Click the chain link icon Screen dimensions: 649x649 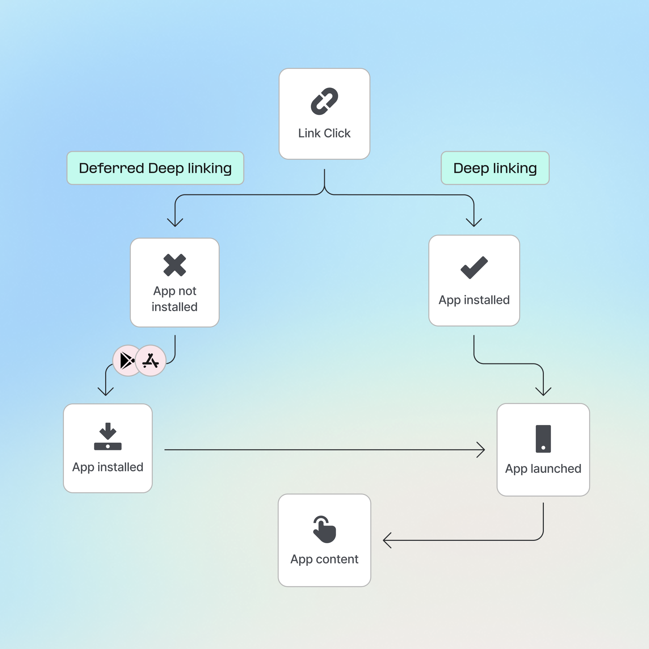point(324,101)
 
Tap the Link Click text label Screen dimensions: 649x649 point(324,133)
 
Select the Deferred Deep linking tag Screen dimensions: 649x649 point(155,168)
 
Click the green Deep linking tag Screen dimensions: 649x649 point(495,168)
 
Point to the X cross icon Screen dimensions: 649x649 point(175,265)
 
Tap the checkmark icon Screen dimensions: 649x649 point(474,267)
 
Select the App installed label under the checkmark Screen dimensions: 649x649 point(474,300)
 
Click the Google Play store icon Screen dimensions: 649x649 point(127,360)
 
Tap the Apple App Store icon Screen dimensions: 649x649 point(150,360)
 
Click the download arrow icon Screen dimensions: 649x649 point(108,436)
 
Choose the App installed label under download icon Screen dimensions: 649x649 point(108,467)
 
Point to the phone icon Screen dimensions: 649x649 point(543,439)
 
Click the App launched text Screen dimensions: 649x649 point(543,469)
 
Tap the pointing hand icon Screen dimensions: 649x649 point(324,529)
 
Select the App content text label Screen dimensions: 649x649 point(324,559)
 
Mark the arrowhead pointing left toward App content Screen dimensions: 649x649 point(386,540)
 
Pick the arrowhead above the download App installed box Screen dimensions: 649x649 point(106,392)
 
